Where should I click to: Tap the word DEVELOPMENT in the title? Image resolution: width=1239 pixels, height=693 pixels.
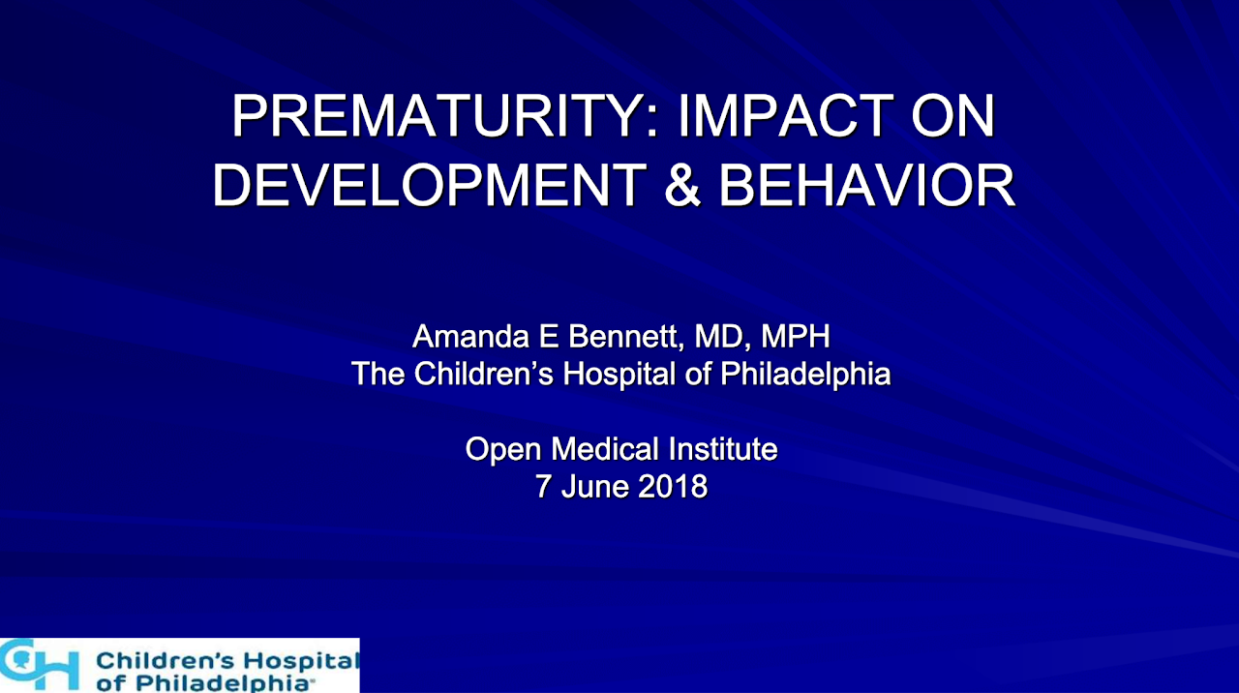tap(430, 184)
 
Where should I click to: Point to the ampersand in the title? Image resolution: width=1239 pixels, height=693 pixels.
tap(682, 184)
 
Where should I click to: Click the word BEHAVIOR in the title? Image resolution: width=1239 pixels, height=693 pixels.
tap(866, 184)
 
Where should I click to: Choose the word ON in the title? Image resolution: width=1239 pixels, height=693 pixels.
tap(953, 115)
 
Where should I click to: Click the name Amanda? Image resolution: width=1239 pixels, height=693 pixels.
tap(470, 336)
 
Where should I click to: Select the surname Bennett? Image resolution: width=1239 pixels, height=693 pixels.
tap(626, 336)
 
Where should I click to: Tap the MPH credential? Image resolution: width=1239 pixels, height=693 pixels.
tap(796, 336)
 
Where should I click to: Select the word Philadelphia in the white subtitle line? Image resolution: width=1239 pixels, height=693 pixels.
tap(805, 374)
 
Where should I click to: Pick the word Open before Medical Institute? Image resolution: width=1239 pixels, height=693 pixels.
tap(503, 450)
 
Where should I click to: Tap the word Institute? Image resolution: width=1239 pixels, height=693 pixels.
tap(723, 448)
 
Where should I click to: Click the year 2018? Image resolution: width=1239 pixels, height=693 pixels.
tap(673, 487)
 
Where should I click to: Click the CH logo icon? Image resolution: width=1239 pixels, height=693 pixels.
tap(39, 664)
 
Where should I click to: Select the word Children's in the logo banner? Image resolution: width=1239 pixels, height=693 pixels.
tap(166, 661)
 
